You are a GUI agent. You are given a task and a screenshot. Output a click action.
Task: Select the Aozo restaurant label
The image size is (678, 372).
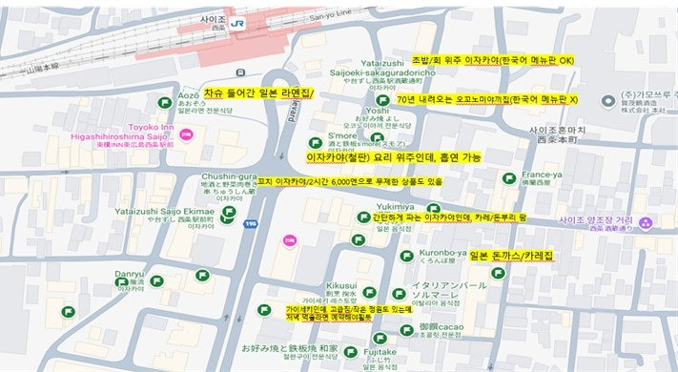189,96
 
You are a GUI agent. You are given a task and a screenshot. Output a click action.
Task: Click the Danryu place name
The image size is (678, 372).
129,273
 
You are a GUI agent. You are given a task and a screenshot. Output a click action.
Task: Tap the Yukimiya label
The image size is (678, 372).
394,206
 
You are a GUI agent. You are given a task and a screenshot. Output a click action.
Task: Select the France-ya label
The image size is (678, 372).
541,176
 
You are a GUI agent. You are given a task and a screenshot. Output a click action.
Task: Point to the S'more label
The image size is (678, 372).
341,135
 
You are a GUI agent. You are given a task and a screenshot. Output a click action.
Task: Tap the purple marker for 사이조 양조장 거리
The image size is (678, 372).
647,222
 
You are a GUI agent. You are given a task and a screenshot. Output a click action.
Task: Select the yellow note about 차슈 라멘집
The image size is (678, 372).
257,93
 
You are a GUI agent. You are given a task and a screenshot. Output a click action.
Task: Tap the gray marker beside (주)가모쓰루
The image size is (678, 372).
606,102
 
